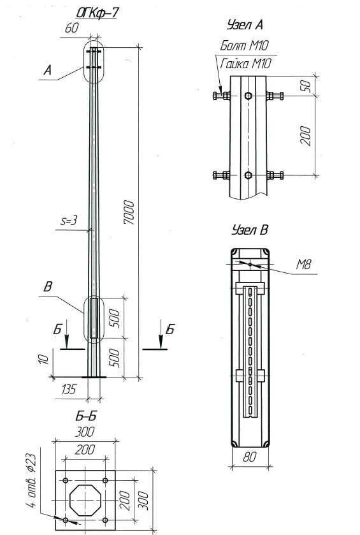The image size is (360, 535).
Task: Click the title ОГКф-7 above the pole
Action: coord(97,13)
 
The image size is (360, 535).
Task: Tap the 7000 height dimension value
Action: coord(129,212)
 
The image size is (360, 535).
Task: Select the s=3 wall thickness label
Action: coord(69,221)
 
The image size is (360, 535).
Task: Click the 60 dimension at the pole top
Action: coord(71,28)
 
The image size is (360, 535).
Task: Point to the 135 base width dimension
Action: coord(69,389)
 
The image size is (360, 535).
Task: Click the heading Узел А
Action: coord(245,25)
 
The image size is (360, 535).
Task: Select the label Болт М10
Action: coord(245,45)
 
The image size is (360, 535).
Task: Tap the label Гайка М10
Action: coord(246,64)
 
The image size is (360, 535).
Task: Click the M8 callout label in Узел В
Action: coord(303,264)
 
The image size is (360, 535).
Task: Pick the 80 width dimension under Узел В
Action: coord(250,457)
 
